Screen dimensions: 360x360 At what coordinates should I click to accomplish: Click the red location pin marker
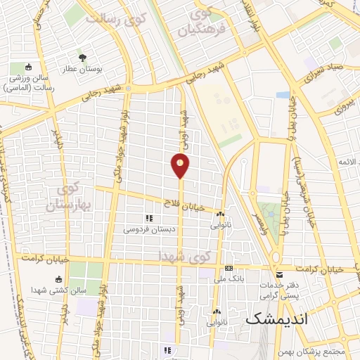[180, 166]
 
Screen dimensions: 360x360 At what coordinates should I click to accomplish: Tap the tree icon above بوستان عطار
[84, 58]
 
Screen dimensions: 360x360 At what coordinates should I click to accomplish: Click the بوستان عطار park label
[84, 71]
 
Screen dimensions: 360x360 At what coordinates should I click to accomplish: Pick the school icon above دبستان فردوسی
[148, 218]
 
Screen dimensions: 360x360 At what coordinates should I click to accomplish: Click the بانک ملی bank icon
[229, 269]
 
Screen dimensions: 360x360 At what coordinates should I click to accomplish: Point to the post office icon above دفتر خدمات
[280, 274]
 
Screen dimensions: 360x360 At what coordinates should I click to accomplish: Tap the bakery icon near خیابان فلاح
[221, 214]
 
